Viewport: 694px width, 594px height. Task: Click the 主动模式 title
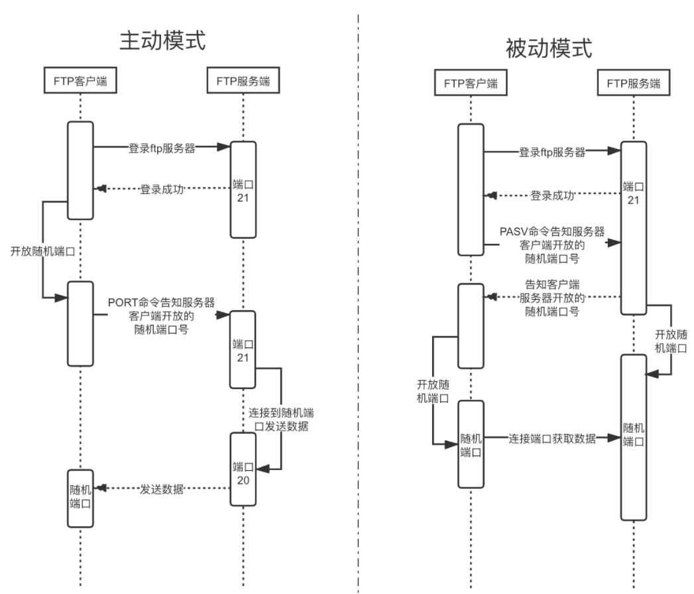click(162, 40)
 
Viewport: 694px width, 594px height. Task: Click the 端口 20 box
click(243, 469)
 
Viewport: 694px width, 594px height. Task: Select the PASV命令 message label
click(551, 243)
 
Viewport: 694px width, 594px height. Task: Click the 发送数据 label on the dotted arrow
click(161, 489)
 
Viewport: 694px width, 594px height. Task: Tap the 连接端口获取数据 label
click(552, 438)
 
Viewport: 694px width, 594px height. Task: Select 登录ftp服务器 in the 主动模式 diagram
click(161, 148)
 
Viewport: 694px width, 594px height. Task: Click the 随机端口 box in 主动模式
click(80, 497)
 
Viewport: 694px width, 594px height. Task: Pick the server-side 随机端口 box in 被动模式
click(633, 438)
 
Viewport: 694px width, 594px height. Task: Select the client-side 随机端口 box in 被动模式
click(471, 443)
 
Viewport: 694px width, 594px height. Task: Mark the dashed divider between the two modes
click(359, 298)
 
